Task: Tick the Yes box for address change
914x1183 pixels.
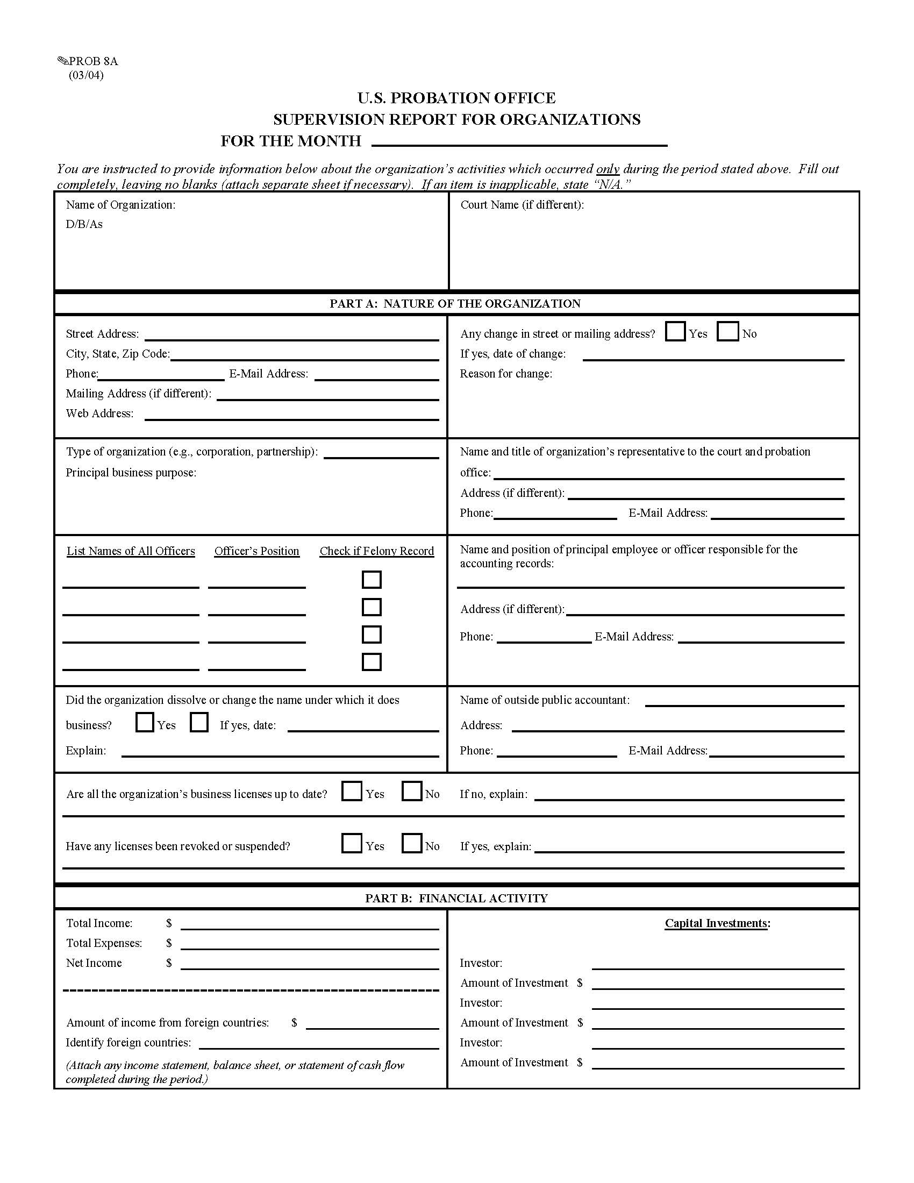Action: click(x=675, y=331)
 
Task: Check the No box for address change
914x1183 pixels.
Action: click(x=727, y=331)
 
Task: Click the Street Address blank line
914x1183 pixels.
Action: click(x=291, y=336)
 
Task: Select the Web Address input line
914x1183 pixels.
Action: click(x=291, y=416)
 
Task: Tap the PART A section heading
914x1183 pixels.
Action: click(x=455, y=303)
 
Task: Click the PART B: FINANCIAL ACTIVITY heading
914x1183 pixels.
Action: click(x=456, y=898)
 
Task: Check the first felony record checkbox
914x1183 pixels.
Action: click(x=372, y=580)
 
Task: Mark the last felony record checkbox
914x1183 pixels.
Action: click(x=372, y=662)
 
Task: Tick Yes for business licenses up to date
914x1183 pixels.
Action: click(x=352, y=792)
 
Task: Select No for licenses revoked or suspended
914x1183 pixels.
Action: click(x=411, y=843)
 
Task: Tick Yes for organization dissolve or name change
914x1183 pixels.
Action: click(x=145, y=722)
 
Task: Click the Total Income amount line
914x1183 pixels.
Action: click(x=309, y=925)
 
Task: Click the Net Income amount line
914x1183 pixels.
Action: click(x=309, y=965)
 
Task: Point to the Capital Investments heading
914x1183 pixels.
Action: click(x=717, y=923)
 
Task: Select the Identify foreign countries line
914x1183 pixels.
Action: click(x=318, y=1045)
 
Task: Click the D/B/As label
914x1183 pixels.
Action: click(x=84, y=224)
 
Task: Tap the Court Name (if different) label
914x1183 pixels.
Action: click(x=522, y=205)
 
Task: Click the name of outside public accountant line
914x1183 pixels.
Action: click(x=745, y=703)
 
